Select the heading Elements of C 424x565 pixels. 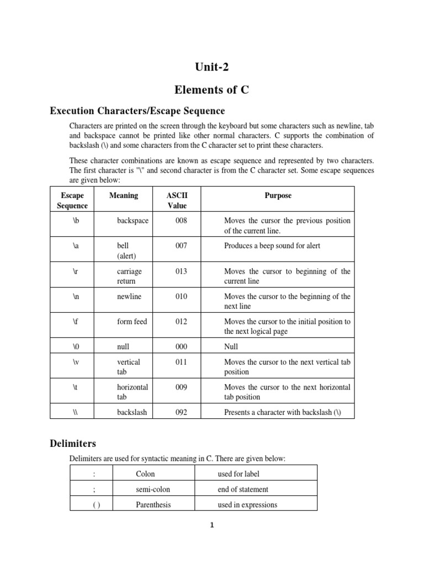coord(212,89)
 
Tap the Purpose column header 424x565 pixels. coord(278,196)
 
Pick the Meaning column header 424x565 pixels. coord(124,196)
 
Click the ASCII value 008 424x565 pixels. coord(181,221)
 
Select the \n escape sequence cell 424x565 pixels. coord(72,296)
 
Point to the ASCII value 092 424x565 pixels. coord(181,412)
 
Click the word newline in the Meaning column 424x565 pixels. coord(129,296)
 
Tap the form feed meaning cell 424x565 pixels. coord(132,321)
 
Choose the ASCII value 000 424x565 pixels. coord(181,347)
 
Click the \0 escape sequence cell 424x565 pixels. coord(72,347)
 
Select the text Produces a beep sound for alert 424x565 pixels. coord(272,246)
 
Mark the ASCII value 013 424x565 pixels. coord(181,271)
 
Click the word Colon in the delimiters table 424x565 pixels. coord(145,473)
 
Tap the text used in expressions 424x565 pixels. coord(247,504)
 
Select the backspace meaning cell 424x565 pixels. coord(132,221)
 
